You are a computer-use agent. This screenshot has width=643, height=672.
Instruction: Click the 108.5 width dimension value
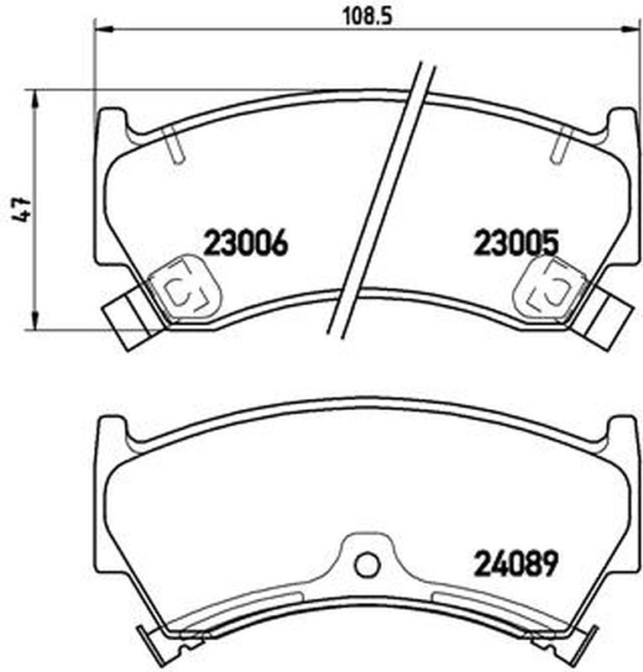368,17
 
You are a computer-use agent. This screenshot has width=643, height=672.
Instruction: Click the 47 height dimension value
20,209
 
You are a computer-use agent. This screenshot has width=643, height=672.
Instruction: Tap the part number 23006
246,243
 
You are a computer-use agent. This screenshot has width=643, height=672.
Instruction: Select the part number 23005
516,243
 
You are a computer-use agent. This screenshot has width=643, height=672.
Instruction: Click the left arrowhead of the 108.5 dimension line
102,29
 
